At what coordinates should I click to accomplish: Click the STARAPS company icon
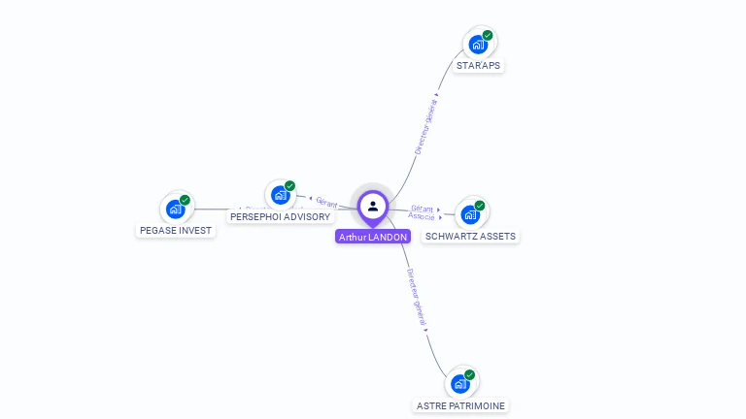click(x=477, y=45)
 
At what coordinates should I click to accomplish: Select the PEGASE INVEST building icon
click(x=175, y=209)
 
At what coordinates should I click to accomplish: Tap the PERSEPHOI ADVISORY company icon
click(x=280, y=196)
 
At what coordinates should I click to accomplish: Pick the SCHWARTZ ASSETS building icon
click(x=470, y=214)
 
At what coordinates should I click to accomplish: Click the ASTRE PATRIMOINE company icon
click(x=460, y=383)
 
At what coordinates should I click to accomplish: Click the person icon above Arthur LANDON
click(x=372, y=206)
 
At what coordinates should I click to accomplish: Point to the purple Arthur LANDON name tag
click(x=373, y=237)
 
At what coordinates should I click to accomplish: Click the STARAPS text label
click(x=479, y=66)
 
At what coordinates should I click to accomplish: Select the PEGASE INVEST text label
click(x=175, y=231)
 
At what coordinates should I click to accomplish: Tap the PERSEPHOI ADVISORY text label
click(x=280, y=217)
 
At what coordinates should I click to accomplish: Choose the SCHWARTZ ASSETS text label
click(x=471, y=236)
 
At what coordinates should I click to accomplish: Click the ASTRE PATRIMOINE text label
click(x=460, y=405)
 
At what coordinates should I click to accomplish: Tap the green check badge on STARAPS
click(x=488, y=36)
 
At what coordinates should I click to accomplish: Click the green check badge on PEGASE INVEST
click(x=186, y=201)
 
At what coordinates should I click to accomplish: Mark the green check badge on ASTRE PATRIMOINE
click(x=470, y=374)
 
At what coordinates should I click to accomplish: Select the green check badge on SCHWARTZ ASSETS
click(x=480, y=206)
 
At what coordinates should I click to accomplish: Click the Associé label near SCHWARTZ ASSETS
click(x=422, y=216)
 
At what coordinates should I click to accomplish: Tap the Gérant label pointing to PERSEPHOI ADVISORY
click(x=326, y=202)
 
